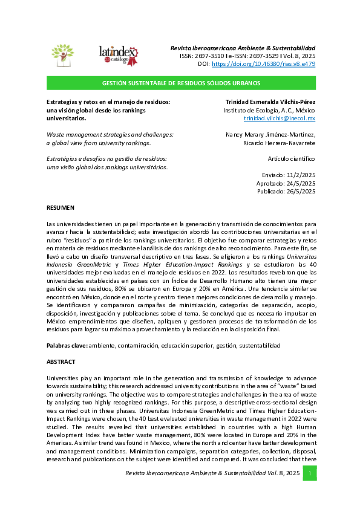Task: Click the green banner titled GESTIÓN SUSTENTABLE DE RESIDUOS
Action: click(181, 83)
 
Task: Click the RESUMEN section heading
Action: click(61, 207)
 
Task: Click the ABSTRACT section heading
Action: click(61, 361)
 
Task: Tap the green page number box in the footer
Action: click(309, 473)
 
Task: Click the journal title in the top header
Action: click(243, 48)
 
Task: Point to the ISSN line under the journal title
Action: click(247, 56)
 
